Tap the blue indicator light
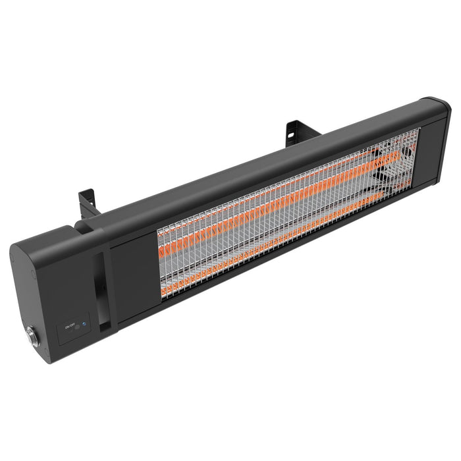pos(84,326)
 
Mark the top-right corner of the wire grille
pos(419,130)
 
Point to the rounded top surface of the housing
pos(250,158)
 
